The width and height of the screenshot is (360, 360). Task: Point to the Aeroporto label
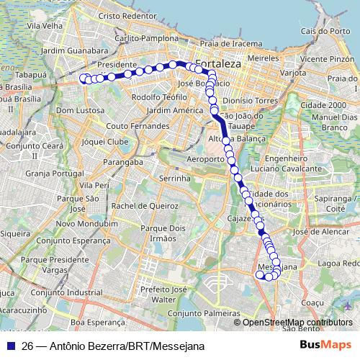pyautogui.click(x=206, y=158)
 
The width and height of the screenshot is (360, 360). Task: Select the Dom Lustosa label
pyautogui.click(x=76, y=110)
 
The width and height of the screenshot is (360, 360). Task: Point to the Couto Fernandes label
pyautogui.click(x=138, y=125)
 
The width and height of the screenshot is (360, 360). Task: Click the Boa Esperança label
pyautogui.click(x=94, y=323)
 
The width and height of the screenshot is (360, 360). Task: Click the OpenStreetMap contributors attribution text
pyautogui.click(x=295, y=323)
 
